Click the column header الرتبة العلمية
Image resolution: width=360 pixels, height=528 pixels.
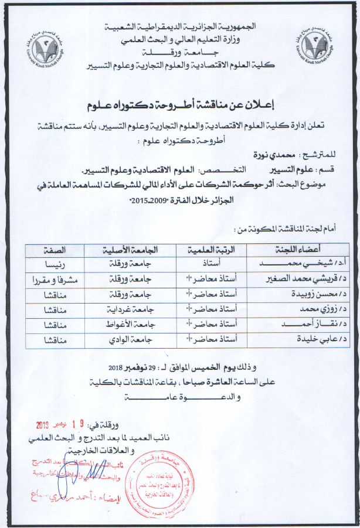215,247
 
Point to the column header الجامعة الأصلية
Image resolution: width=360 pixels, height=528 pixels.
132,247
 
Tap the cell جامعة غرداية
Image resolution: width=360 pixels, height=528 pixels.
132,309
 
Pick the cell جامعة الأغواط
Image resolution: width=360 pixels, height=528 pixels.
132,324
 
